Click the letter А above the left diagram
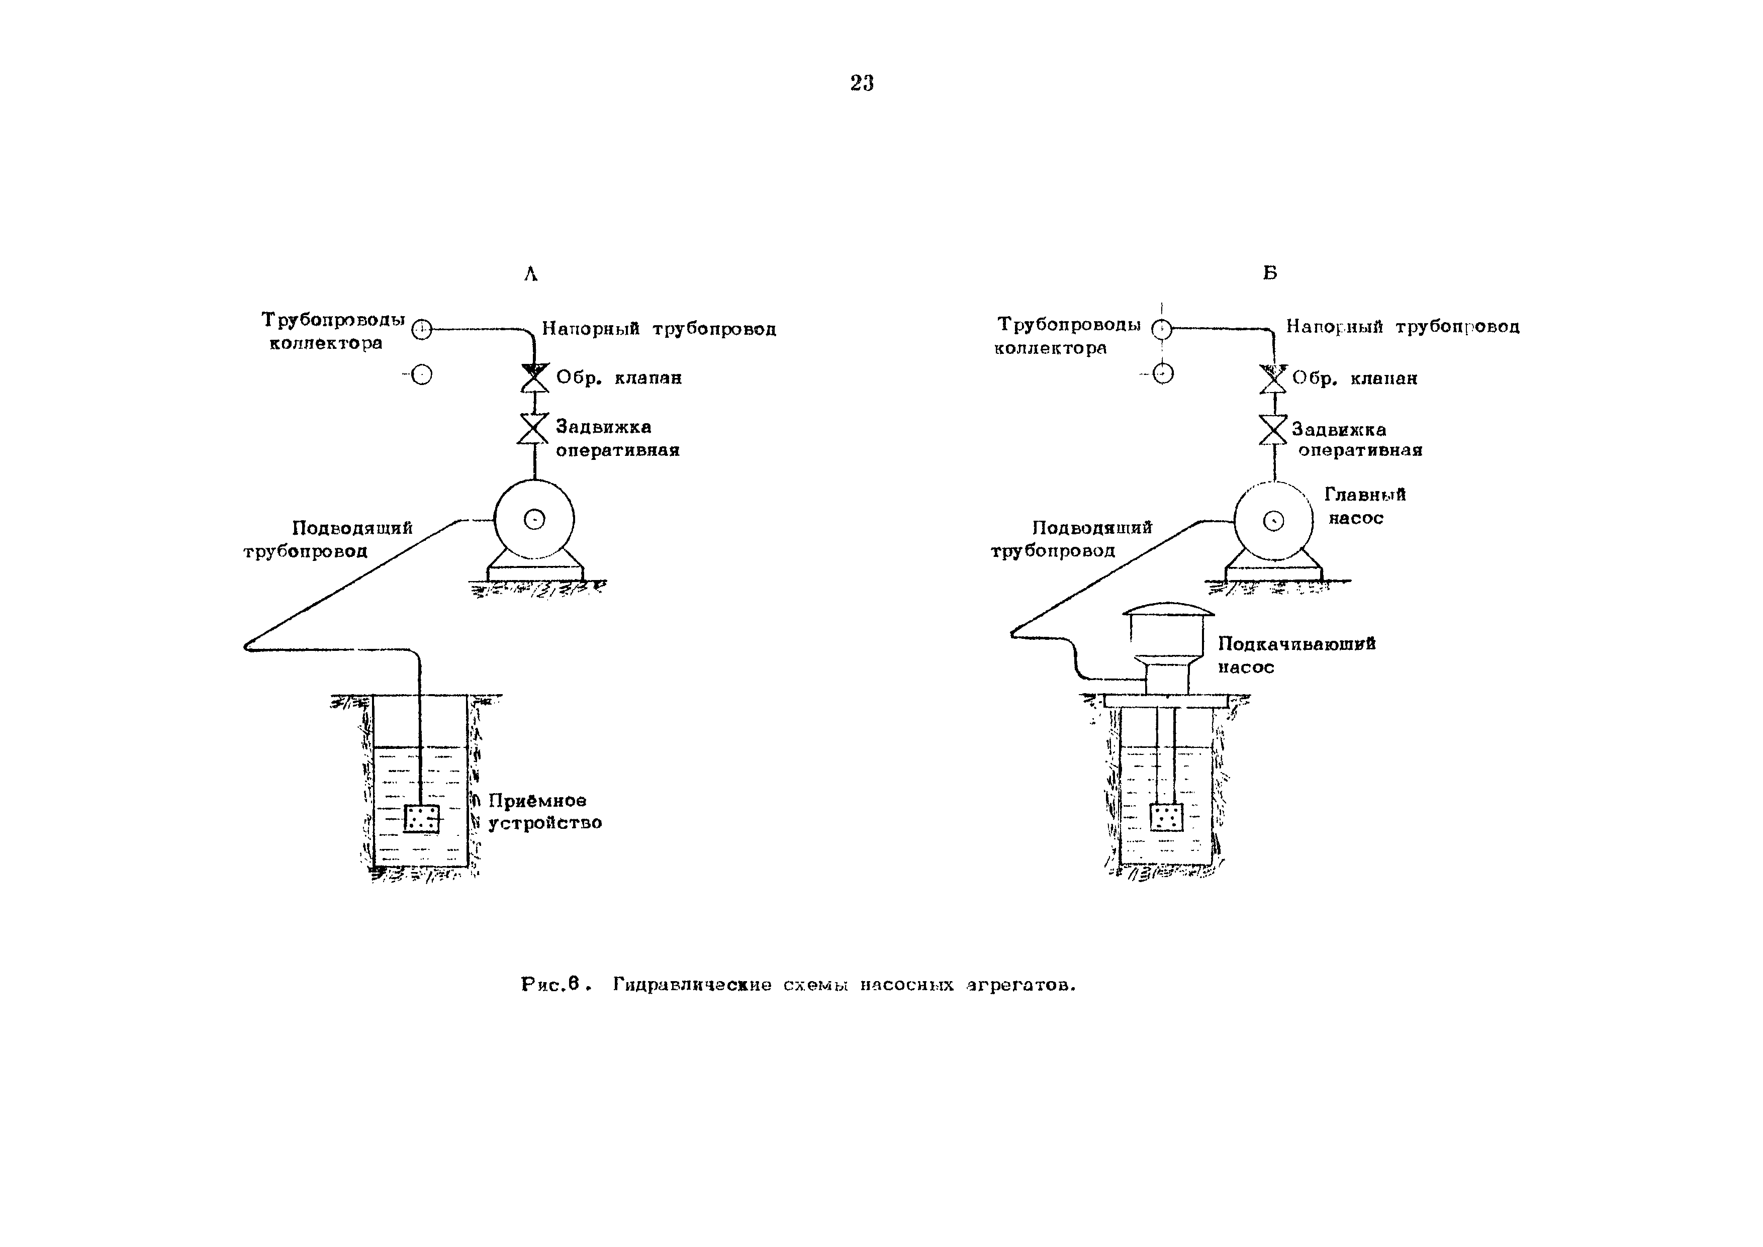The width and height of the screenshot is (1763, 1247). coord(530,274)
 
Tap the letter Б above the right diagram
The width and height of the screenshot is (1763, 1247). coord(1270,272)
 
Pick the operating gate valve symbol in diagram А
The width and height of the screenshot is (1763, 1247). coord(534,428)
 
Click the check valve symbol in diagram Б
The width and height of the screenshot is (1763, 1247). coord(1273,378)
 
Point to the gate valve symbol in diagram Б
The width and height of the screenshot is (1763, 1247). coord(1273,430)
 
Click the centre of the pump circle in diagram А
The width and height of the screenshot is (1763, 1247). coord(534,520)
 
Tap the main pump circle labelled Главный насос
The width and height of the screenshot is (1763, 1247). coord(1273,521)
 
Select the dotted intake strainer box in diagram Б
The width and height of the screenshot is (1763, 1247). coord(1166,817)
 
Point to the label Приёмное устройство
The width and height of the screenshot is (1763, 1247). coord(544,812)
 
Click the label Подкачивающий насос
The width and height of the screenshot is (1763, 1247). coord(1296,655)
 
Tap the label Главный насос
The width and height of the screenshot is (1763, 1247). coord(1364,506)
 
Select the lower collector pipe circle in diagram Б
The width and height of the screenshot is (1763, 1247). coord(1163,374)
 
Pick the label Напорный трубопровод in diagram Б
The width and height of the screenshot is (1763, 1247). coord(1402,327)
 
